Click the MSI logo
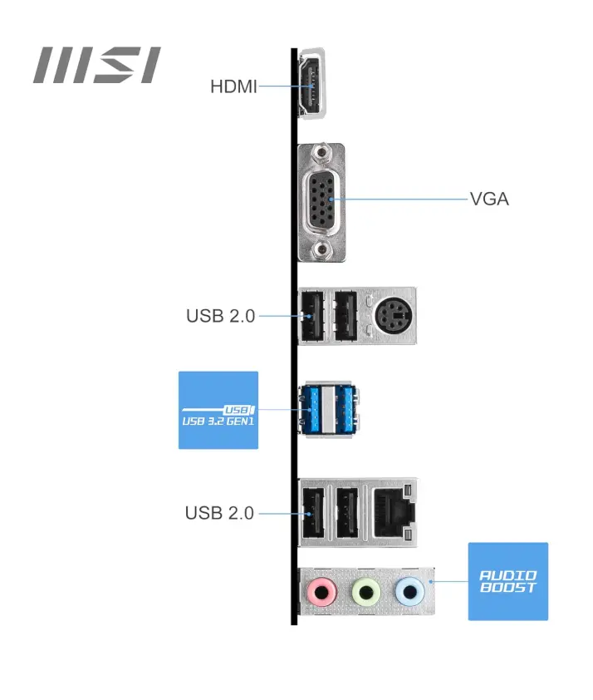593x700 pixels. coord(96,66)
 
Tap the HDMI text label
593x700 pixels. coord(233,86)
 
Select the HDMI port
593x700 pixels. coord(313,84)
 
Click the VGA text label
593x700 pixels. coord(489,200)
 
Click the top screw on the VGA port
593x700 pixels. coord(321,154)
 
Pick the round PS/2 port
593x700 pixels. coord(390,316)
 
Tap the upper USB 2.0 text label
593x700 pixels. coord(220,316)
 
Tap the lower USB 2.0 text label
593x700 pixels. coord(219,513)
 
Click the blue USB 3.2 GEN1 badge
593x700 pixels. coord(218,411)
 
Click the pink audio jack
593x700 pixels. coord(321,592)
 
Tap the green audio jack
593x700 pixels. coord(365,592)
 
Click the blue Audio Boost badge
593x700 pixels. coord(508,581)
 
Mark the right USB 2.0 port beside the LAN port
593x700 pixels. coord(346,510)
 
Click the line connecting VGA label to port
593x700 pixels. coord(399,200)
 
